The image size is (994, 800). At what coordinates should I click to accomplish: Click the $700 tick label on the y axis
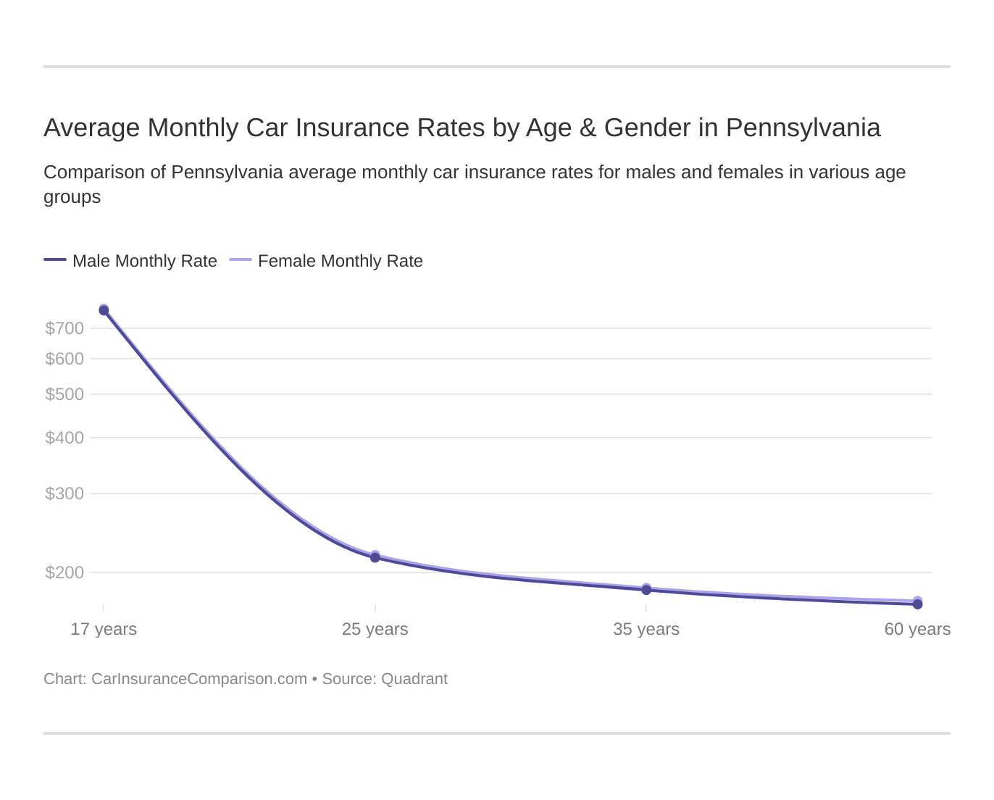(64, 328)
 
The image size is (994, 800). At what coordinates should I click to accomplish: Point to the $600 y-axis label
(64, 359)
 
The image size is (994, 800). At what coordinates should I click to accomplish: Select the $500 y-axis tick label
(64, 394)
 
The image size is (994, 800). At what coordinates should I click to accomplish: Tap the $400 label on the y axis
(64, 438)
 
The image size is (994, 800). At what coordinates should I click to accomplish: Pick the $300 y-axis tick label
(64, 493)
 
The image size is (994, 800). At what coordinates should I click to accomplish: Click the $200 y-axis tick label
(64, 572)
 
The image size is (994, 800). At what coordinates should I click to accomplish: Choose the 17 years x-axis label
(104, 629)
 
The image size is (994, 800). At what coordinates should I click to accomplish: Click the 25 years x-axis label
(375, 629)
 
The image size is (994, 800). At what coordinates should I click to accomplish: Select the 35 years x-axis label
(646, 629)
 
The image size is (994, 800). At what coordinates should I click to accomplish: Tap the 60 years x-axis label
(917, 629)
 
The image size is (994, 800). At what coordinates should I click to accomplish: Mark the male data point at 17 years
(104, 311)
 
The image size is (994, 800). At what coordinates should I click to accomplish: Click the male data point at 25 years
(375, 557)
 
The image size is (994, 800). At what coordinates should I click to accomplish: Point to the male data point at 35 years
(646, 590)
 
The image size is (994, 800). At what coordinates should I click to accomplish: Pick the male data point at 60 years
(917, 604)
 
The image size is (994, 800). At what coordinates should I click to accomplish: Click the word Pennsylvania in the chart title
(803, 128)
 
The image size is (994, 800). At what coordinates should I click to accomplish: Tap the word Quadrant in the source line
(414, 679)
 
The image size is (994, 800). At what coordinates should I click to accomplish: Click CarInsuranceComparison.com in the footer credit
(199, 679)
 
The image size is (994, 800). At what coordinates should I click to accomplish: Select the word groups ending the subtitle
(72, 197)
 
